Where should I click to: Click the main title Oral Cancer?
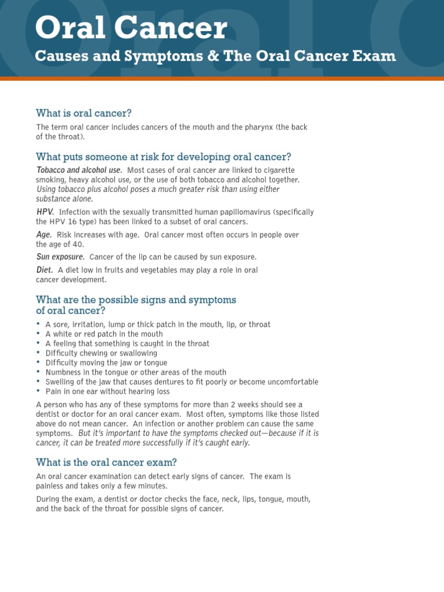131,28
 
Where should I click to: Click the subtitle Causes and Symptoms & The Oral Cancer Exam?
216,56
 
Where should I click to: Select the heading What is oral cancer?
88,113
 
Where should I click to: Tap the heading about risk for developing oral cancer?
164,157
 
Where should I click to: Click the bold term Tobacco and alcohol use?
79,170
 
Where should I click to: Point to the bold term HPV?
45,212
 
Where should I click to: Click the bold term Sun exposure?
61,257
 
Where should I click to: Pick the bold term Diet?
45,270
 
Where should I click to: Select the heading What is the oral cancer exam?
106,462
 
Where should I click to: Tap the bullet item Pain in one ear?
108,391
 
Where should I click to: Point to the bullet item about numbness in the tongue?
136,372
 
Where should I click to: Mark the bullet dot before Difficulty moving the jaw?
38,362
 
